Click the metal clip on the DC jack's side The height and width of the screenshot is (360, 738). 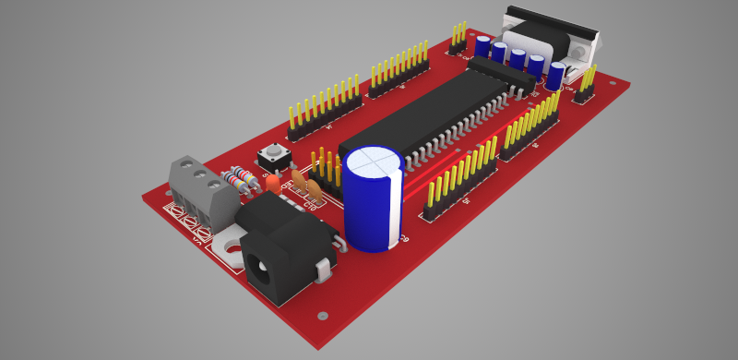(x=324, y=270)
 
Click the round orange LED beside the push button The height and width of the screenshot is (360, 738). (x=273, y=183)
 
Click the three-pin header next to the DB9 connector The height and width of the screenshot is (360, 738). (x=585, y=85)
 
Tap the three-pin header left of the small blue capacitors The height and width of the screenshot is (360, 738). (x=458, y=41)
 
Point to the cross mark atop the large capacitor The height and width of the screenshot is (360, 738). (x=374, y=159)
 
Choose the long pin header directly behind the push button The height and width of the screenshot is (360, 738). (x=323, y=106)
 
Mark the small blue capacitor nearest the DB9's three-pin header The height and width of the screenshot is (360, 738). (x=554, y=75)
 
